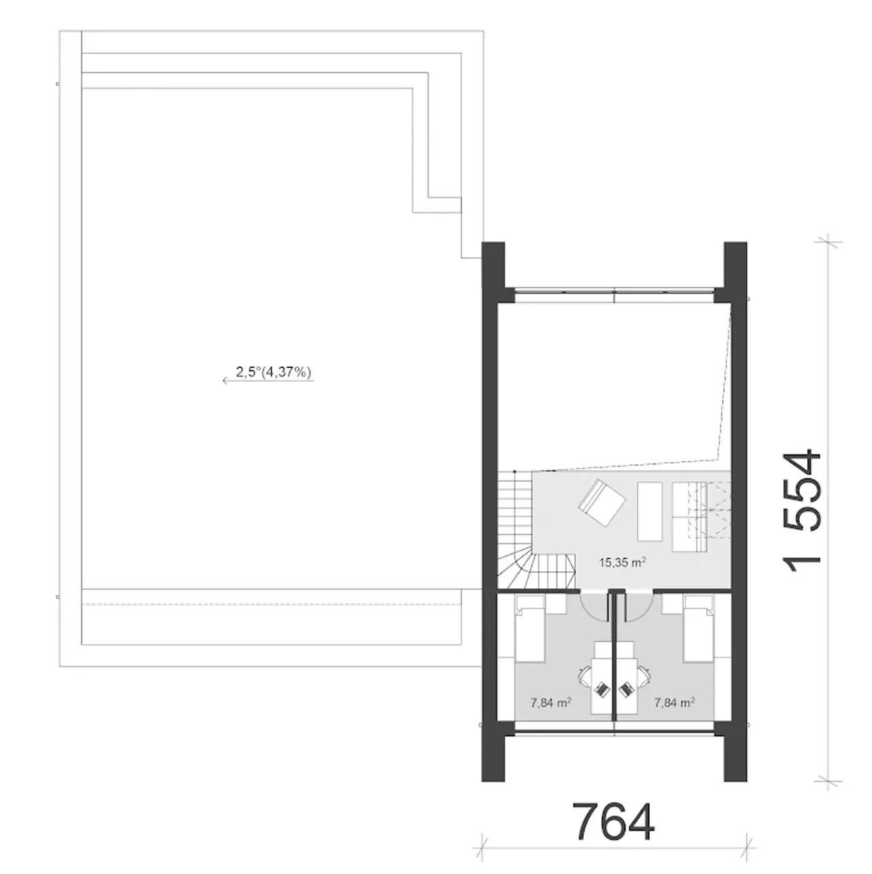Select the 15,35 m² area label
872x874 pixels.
click(x=622, y=562)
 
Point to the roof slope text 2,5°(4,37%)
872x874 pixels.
click(x=273, y=372)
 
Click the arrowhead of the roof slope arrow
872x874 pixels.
click(x=225, y=380)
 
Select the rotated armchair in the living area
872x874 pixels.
click(x=602, y=503)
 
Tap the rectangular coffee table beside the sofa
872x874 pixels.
click(x=649, y=511)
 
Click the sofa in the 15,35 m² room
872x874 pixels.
click(x=689, y=517)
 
